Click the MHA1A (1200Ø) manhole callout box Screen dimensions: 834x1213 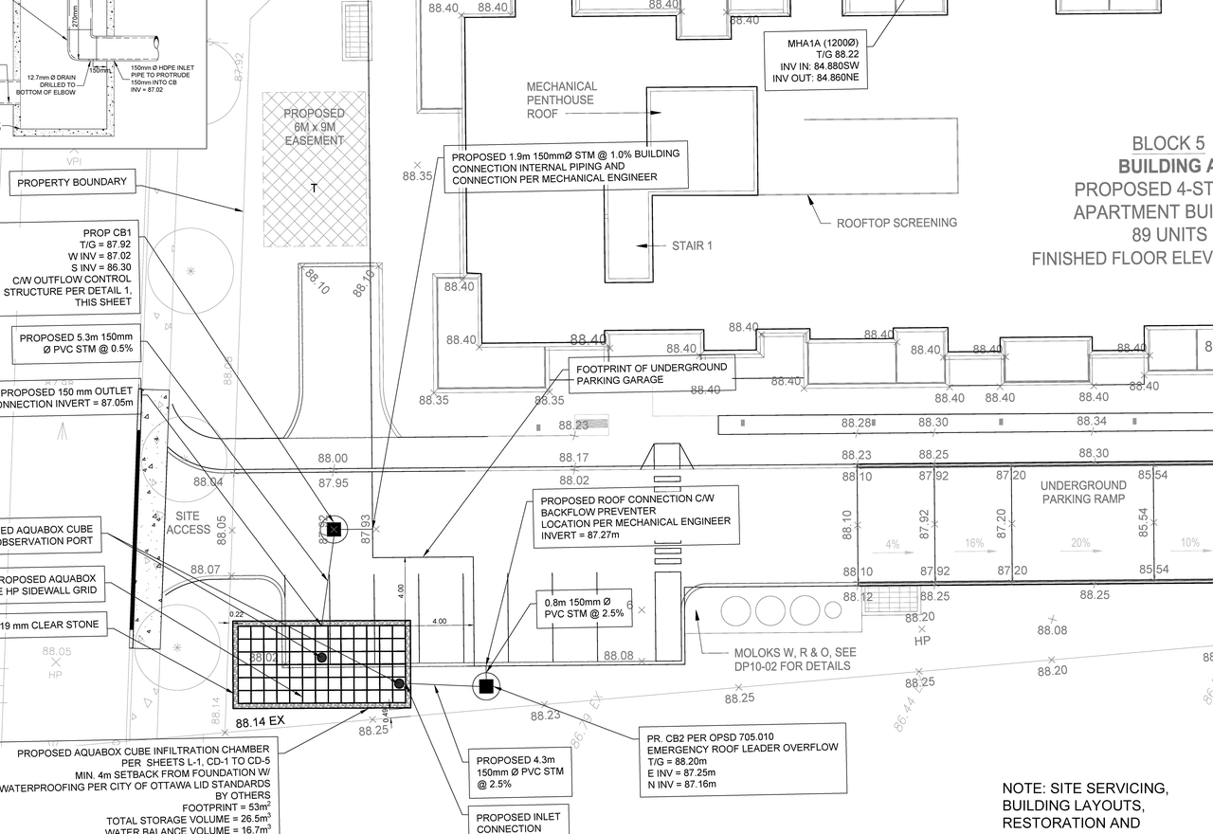pyautogui.click(x=818, y=62)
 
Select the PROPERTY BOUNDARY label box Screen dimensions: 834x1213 pyautogui.click(x=72, y=182)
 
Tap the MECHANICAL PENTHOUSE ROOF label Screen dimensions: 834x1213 pyautogui.click(x=561, y=100)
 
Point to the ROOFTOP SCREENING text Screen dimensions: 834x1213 pyautogui.click(x=896, y=223)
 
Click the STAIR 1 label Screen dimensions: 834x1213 pyautogui.click(x=692, y=245)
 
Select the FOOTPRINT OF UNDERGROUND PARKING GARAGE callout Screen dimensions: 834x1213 pyautogui.click(x=652, y=373)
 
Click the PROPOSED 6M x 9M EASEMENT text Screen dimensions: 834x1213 pyautogui.click(x=315, y=127)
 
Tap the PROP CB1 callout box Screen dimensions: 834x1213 pyautogui.click(x=72, y=268)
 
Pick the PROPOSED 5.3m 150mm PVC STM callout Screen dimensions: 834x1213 pyautogui.click(x=76, y=343)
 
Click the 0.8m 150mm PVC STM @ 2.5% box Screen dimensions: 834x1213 pyautogui.click(x=585, y=608)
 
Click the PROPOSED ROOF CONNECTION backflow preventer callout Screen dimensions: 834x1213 pyautogui.click(x=636, y=517)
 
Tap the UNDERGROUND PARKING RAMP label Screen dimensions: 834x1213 pyautogui.click(x=1083, y=492)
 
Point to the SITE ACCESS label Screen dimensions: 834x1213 pyautogui.click(x=188, y=521)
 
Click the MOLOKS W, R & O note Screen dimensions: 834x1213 pyautogui.click(x=792, y=660)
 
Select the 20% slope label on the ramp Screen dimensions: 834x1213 pyautogui.click(x=1080, y=544)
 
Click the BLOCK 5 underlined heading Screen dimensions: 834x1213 pyautogui.click(x=1168, y=144)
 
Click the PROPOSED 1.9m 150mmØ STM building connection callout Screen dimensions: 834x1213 pyautogui.click(x=566, y=167)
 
